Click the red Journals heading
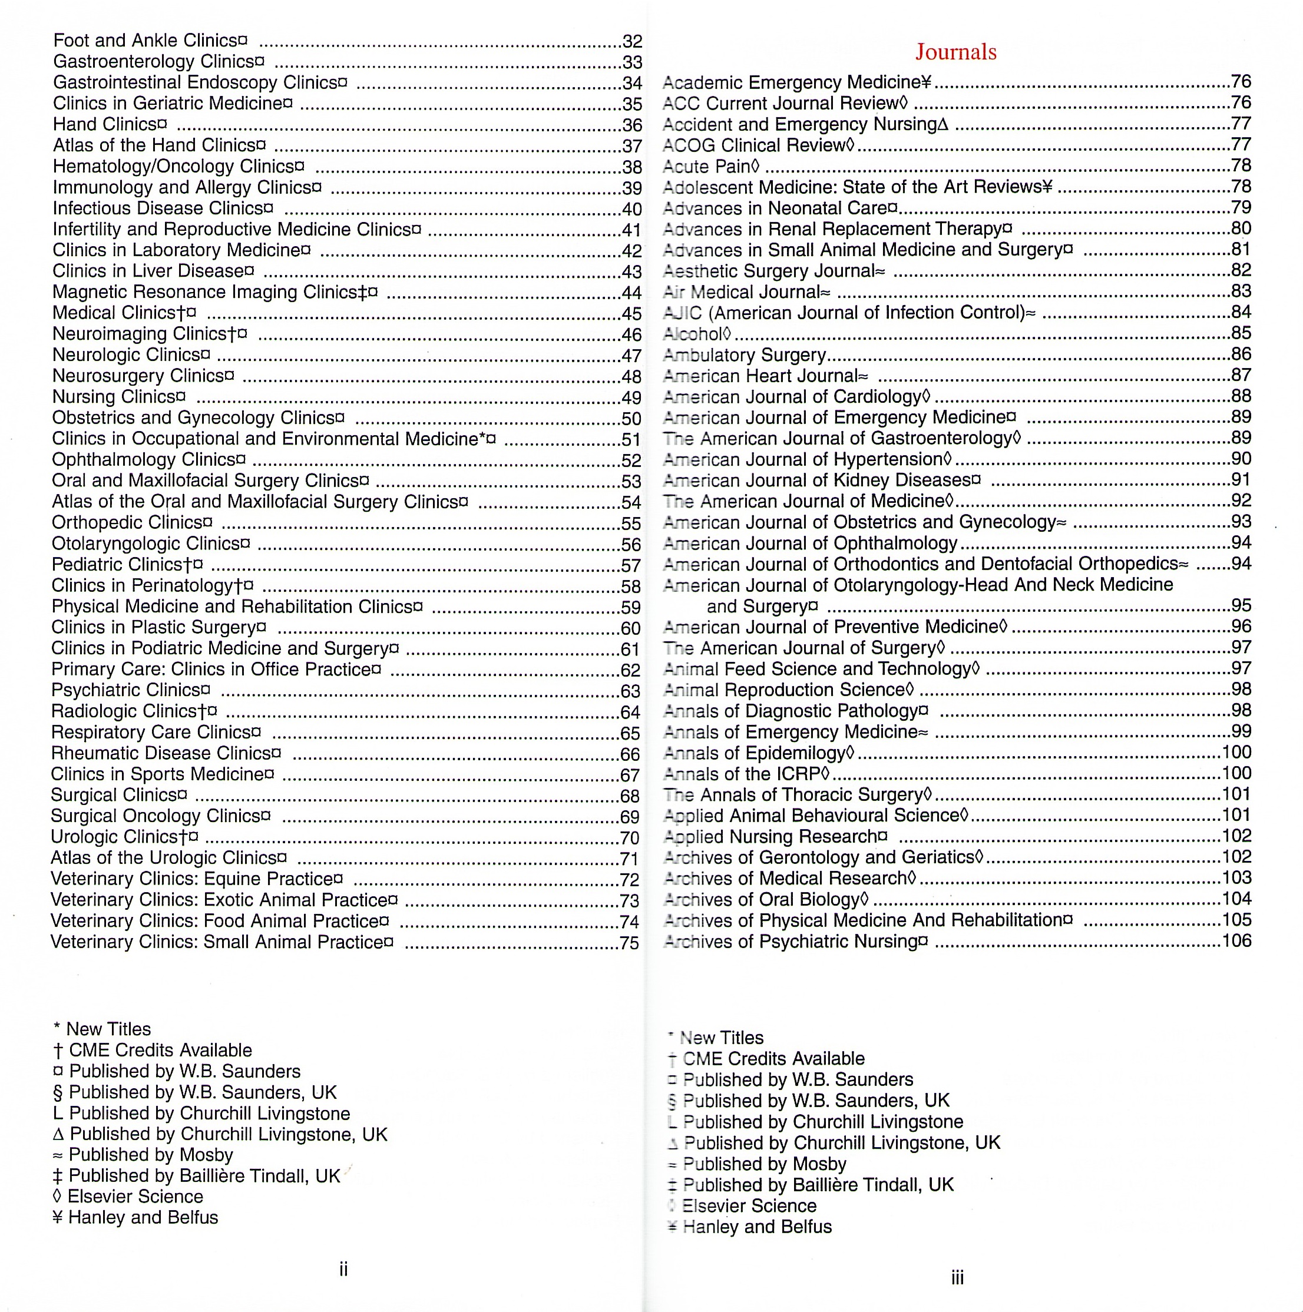click(955, 52)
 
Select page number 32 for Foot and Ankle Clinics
click(632, 41)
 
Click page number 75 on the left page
click(629, 943)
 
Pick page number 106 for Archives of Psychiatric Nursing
click(1236, 940)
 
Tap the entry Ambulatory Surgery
click(744, 355)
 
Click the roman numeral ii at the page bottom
click(343, 1268)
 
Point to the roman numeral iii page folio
click(957, 1277)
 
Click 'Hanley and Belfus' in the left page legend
click(143, 1217)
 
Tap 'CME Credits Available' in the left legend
click(160, 1050)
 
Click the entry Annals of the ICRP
click(746, 774)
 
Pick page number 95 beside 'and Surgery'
click(1241, 605)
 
